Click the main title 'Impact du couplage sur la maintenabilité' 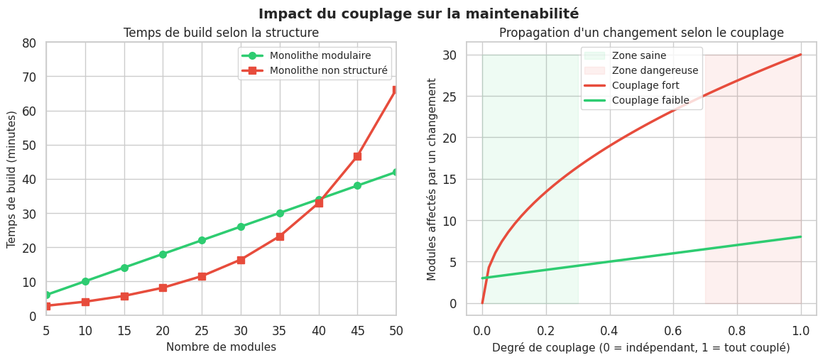[418, 13]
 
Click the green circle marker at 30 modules [241, 227]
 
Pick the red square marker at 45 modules [357, 156]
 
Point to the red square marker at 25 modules [202, 276]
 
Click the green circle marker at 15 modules [124, 268]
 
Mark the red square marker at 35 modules [280, 236]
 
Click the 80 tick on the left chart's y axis [29, 43]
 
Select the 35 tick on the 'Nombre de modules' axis [280, 330]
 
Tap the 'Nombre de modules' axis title [221, 347]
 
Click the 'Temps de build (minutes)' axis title [11, 179]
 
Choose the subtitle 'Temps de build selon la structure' [221, 33]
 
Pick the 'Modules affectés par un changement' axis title [432, 179]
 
